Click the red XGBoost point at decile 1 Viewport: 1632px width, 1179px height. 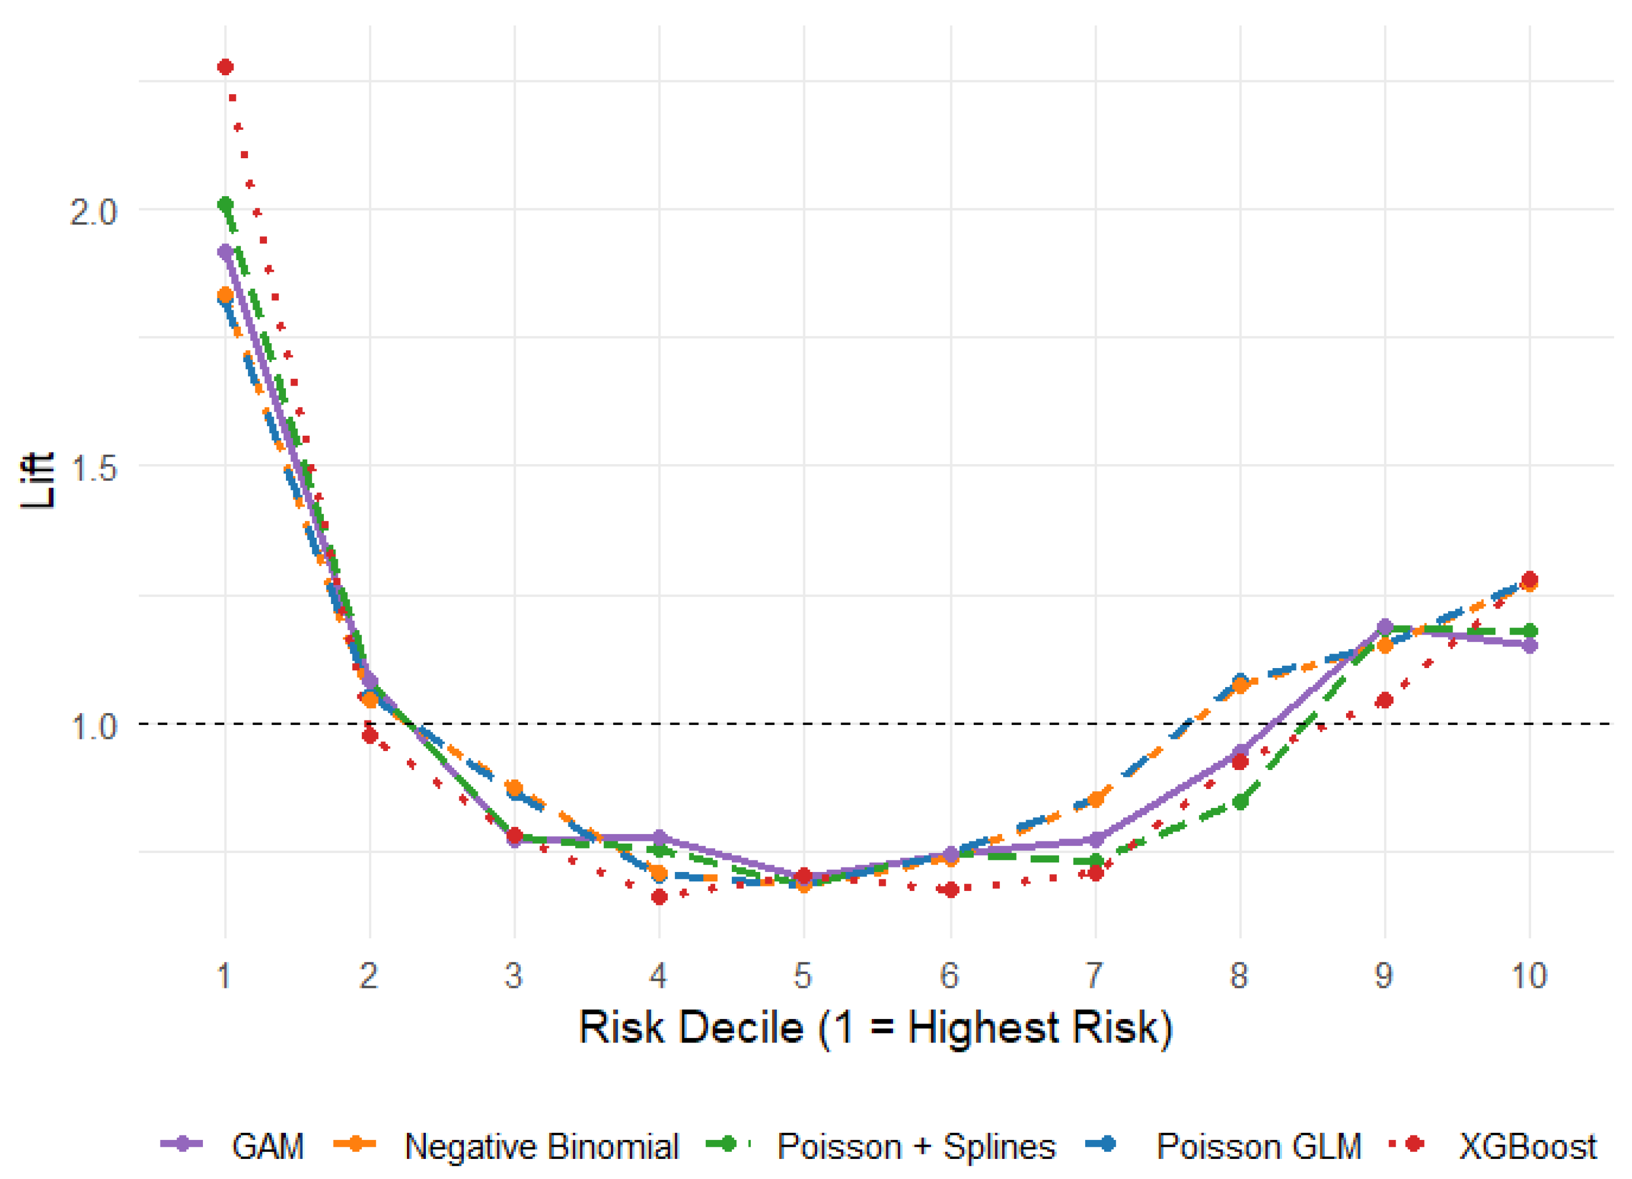[225, 67]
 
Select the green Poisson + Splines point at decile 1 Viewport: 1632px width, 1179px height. [225, 205]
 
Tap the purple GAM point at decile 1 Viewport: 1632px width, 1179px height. [225, 252]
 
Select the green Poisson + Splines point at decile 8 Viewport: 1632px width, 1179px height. [1240, 801]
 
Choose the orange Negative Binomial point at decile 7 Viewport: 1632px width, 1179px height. [1096, 798]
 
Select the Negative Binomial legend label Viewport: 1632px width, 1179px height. [542, 1147]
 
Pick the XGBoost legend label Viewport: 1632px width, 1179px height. [1528, 1147]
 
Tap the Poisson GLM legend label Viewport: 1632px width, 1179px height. [1259, 1147]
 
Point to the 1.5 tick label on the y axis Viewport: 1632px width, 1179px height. [94, 468]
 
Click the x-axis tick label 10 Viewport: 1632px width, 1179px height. [1529, 976]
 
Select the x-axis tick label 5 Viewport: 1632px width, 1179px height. [803, 976]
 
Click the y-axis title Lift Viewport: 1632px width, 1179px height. [37, 480]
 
